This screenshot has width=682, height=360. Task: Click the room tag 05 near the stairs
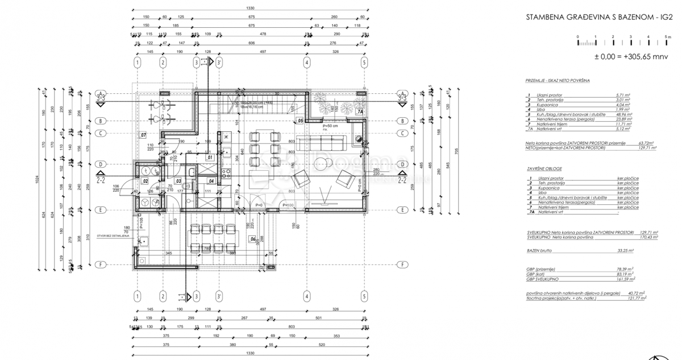coord(300,121)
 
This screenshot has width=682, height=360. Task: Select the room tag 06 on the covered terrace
coord(253,239)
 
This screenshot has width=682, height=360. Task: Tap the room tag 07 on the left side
coord(143,135)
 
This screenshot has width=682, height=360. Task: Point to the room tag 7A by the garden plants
coord(359,112)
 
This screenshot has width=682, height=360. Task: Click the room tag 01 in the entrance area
coord(210,157)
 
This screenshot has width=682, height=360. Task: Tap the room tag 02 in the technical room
coord(145,181)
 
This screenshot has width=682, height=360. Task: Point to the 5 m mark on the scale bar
coord(667,36)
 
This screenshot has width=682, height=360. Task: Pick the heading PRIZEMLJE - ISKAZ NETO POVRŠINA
coord(558,81)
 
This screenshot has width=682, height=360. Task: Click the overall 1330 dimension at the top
coord(249,8)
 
